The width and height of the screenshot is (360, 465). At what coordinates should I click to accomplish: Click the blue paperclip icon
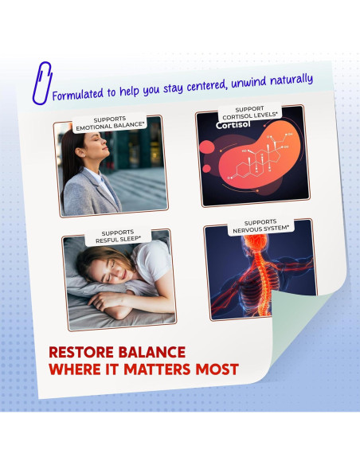tap(41, 84)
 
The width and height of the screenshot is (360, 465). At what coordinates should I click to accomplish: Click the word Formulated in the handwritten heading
tap(78, 94)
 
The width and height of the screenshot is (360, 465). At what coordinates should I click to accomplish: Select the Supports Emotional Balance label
tap(110, 123)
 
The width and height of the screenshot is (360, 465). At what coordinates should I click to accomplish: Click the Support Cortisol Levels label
tap(249, 112)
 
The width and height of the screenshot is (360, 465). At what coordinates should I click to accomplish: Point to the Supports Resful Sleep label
tap(118, 236)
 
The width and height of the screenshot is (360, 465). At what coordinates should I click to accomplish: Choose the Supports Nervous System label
tap(260, 226)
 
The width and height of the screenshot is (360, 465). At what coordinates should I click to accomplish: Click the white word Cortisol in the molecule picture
tap(233, 125)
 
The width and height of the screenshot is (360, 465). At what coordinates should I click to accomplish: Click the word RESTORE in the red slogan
tap(81, 352)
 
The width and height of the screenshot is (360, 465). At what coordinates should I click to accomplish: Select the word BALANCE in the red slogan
tap(152, 352)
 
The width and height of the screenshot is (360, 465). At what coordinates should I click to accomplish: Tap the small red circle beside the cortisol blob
tap(207, 169)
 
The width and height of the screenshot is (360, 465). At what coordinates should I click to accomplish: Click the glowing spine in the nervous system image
tap(263, 282)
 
